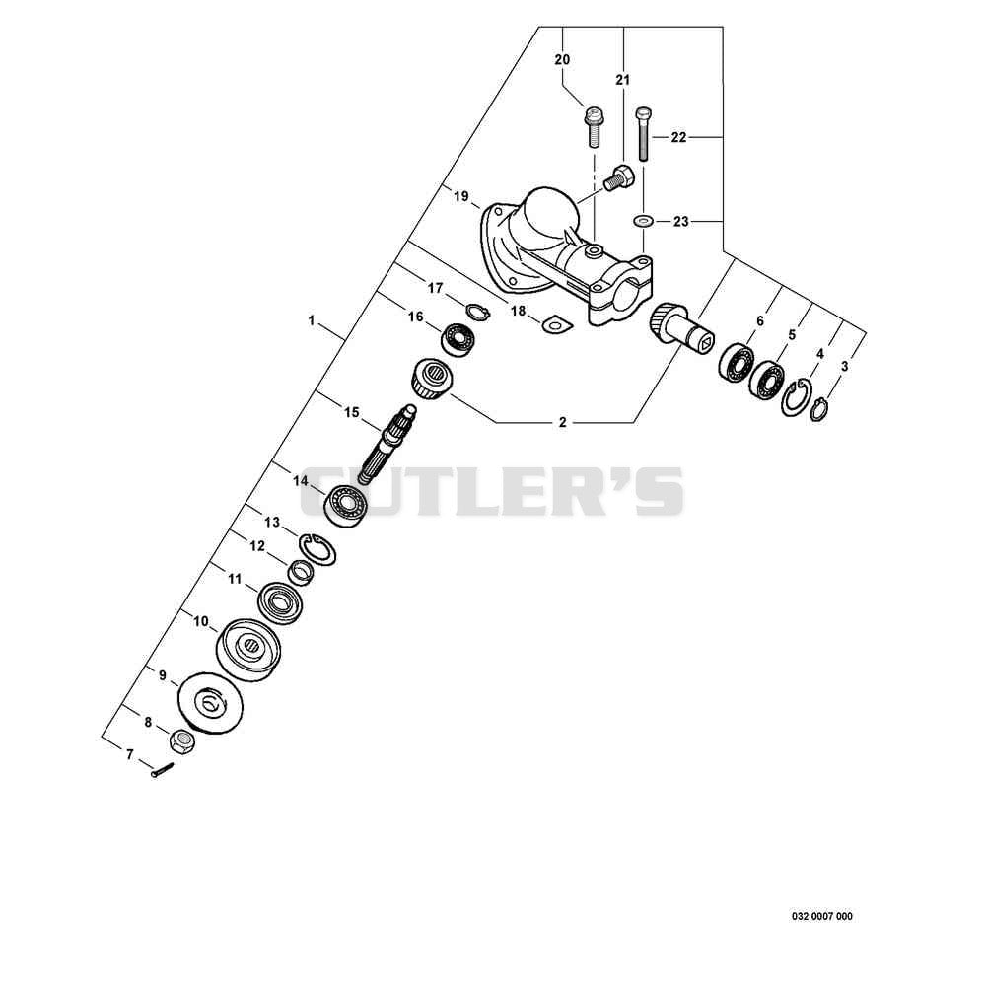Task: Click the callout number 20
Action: click(x=562, y=60)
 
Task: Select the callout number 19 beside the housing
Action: click(x=460, y=196)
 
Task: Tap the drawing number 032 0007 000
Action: click(x=822, y=916)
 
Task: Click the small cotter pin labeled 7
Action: click(x=162, y=770)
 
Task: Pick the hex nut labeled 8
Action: click(x=182, y=742)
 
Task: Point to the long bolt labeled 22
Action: click(x=643, y=134)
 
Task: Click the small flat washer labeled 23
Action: click(x=643, y=221)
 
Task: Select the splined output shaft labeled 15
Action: click(x=387, y=444)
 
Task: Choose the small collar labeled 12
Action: click(x=301, y=572)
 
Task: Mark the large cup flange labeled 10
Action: click(x=249, y=651)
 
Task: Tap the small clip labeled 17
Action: click(x=478, y=312)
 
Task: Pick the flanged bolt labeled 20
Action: click(x=591, y=126)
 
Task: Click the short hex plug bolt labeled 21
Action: click(x=619, y=177)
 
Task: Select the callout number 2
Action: click(x=563, y=422)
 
